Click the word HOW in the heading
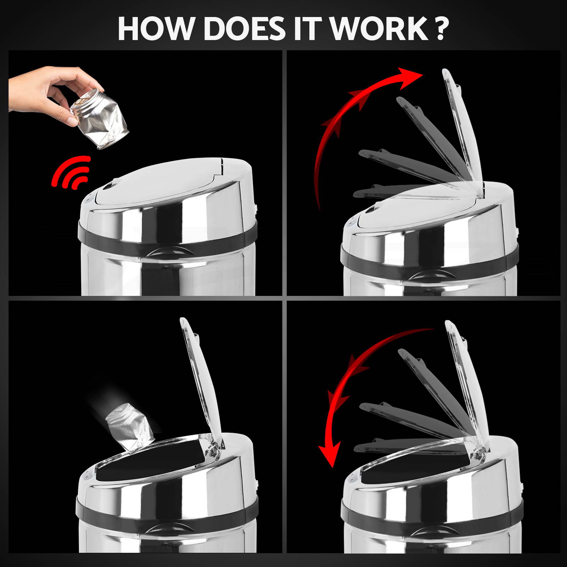point(157,29)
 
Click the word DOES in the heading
point(244,29)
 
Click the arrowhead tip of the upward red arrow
point(423,74)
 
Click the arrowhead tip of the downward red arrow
point(331,467)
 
